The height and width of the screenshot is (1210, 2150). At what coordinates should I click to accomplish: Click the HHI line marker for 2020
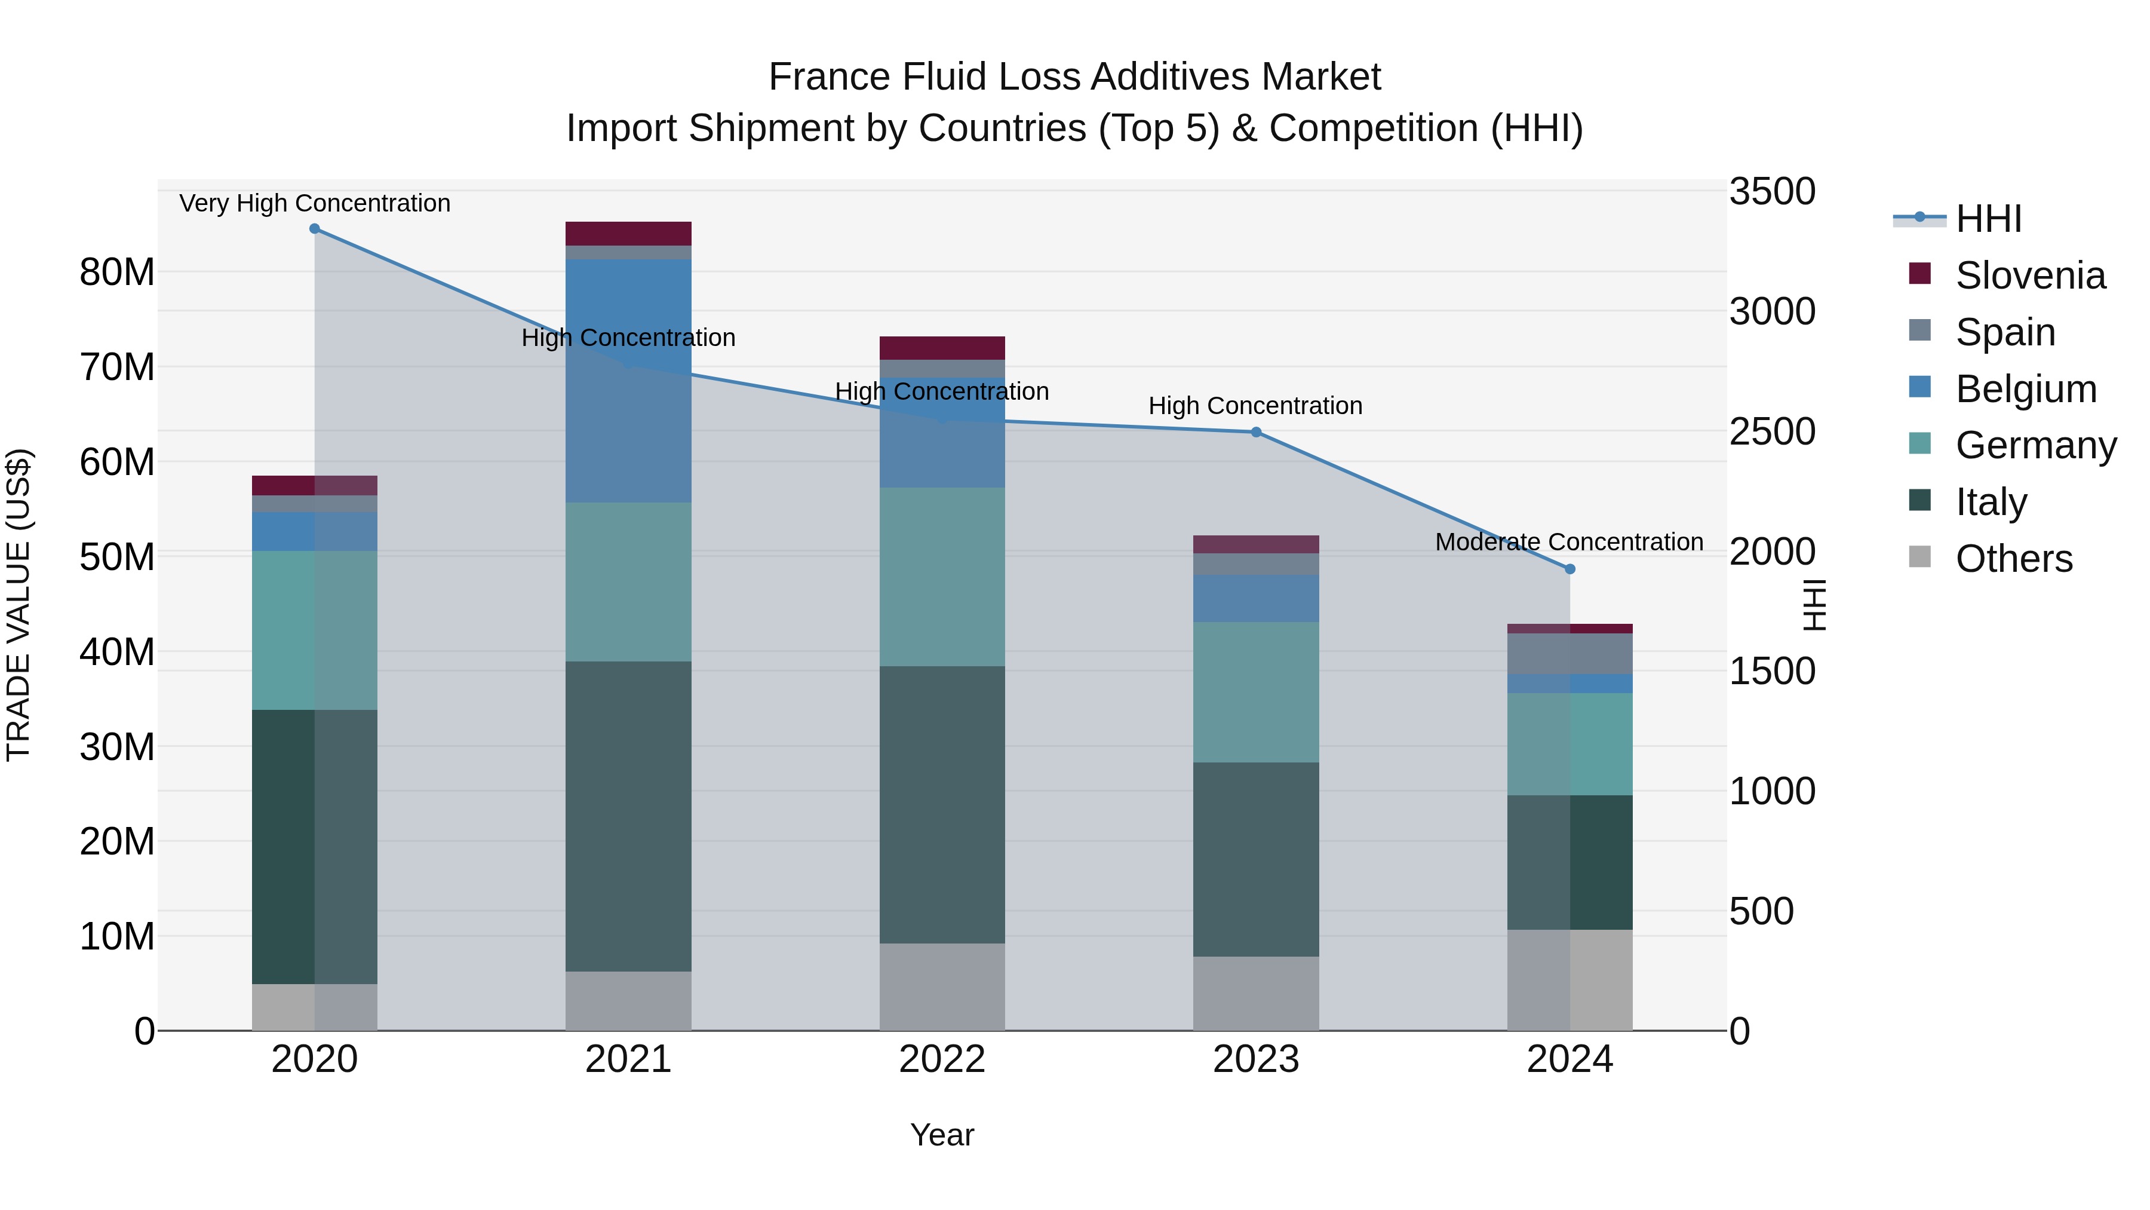coord(315,229)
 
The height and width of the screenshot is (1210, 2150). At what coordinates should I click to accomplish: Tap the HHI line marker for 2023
coord(1255,433)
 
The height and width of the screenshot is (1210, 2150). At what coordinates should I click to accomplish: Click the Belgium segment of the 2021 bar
coord(628,380)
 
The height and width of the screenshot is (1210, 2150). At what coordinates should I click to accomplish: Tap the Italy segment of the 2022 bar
coord(942,804)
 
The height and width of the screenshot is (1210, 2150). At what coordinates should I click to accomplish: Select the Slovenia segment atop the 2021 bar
coord(628,233)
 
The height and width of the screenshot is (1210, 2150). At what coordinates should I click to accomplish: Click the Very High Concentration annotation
coord(315,203)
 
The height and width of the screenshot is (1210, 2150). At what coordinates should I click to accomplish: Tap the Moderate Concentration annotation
coord(1568,542)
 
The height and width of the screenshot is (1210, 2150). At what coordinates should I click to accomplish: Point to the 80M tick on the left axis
coord(117,272)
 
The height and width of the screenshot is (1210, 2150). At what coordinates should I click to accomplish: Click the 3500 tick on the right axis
coord(1771,191)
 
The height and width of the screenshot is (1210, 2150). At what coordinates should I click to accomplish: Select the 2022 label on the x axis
coord(942,1059)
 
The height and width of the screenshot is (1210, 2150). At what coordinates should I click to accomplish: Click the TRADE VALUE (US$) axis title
coord(19,605)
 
